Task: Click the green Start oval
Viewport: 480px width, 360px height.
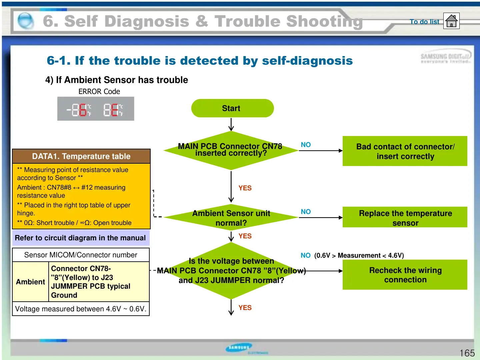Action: pyautogui.click(x=232, y=108)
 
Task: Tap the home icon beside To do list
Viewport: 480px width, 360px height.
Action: pyautogui.click(x=451, y=21)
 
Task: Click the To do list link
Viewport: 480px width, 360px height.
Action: pyautogui.click(x=424, y=22)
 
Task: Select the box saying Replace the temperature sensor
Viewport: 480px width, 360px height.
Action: pyautogui.click(x=405, y=217)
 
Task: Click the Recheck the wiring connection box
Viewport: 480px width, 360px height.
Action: pyautogui.click(x=405, y=275)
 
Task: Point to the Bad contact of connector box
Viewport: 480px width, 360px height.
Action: pyautogui.click(x=405, y=151)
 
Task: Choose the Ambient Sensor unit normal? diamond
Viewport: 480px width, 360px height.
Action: pyautogui.click(x=231, y=218)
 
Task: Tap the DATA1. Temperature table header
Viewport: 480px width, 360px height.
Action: pyautogui.click(x=81, y=156)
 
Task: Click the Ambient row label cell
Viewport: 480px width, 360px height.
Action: pyautogui.click(x=30, y=282)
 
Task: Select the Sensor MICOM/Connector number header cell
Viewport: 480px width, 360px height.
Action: pyautogui.click(x=81, y=255)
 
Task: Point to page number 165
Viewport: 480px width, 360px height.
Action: pyautogui.click(x=467, y=353)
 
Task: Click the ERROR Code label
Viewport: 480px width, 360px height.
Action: pyautogui.click(x=99, y=91)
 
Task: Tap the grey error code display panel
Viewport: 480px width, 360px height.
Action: pyautogui.click(x=96, y=109)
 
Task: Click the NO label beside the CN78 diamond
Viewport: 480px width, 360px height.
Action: pyautogui.click(x=306, y=145)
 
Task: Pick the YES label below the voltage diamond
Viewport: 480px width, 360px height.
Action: pyautogui.click(x=245, y=308)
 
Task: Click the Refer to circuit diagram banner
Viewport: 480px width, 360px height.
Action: pyautogui.click(x=81, y=238)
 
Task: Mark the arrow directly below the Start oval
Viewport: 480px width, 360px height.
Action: pyautogui.click(x=231, y=124)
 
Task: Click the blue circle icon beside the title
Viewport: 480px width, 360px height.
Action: pyautogui.click(x=26, y=21)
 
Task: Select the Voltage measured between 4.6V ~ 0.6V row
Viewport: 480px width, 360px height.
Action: pyautogui.click(x=81, y=309)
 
